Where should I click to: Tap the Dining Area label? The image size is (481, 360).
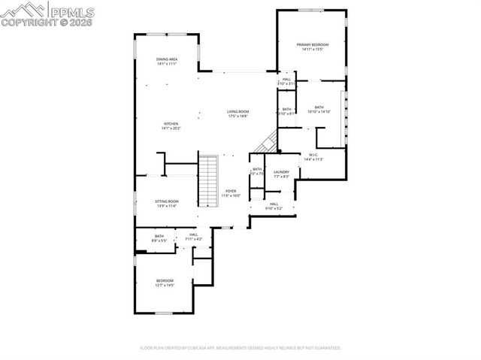tap(167, 61)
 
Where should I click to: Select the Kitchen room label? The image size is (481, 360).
tap(171, 126)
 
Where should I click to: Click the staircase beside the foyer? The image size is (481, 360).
tap(207, 180)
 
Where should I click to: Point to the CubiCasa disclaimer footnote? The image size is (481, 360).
tap(240, 348)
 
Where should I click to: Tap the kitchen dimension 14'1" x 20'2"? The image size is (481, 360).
tap(171, 129)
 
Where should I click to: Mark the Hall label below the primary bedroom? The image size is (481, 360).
tap(286, 79)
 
